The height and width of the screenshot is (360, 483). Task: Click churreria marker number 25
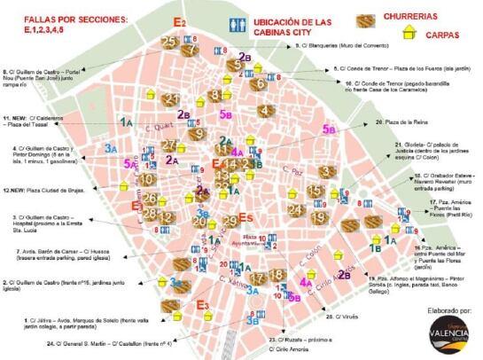click(x=169, y=42)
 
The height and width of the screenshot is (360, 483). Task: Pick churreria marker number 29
click(x=230, y=221)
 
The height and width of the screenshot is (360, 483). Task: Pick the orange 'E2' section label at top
click(x=180, y=20)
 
